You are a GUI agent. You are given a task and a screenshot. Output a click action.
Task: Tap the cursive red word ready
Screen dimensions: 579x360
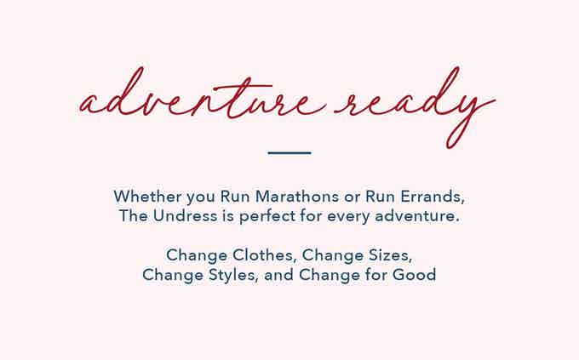tap(415, 107)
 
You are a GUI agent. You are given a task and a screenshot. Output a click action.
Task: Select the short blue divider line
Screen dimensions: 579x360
tap(289, 152)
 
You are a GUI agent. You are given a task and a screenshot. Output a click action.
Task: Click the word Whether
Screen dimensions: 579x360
tap(147, 196)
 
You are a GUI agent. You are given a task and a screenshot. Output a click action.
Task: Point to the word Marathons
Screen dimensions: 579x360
tap(297, 196)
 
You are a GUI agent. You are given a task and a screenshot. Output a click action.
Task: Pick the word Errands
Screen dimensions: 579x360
tap(433, 197)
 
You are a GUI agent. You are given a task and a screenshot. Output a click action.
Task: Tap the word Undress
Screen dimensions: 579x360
tap(185, 215)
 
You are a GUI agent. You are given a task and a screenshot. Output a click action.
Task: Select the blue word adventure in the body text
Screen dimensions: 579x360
tap(416, 215)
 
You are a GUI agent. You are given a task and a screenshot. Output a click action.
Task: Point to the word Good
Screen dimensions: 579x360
tap(414, 275)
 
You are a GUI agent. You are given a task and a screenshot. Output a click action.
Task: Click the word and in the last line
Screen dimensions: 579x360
tap(278, 275)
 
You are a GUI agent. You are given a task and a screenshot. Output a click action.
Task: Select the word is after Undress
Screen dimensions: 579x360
tap(228, 215)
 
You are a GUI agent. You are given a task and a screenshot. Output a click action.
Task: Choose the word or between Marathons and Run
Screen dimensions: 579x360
tap(352, 197)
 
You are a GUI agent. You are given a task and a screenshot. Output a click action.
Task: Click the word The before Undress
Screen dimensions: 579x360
tap(134, 215)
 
